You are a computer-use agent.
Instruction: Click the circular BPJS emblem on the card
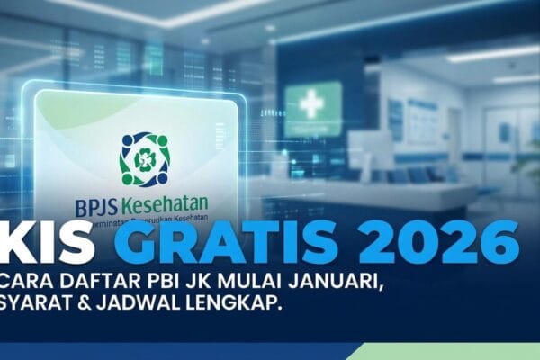coord(144,159)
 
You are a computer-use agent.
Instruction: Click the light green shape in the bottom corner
coord(450,352)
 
